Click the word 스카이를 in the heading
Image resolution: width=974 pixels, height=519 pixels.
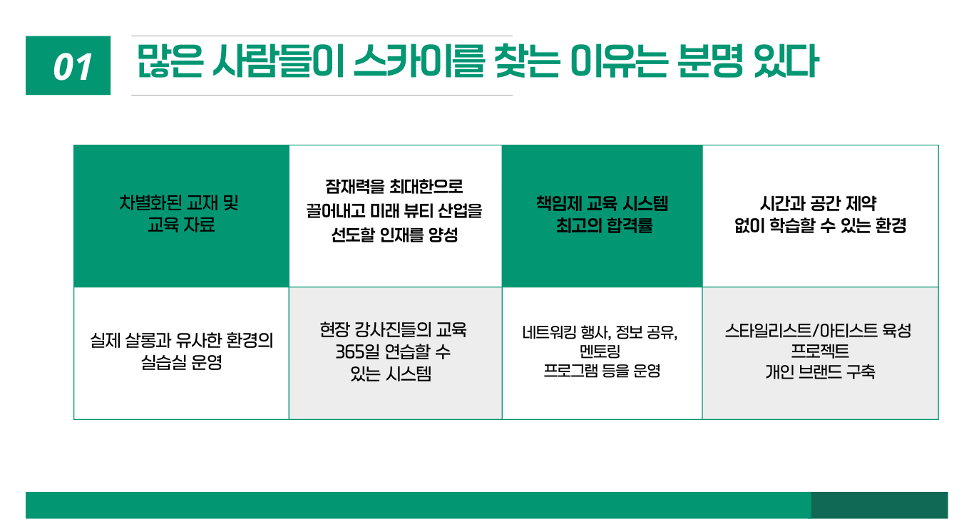pos(419,61)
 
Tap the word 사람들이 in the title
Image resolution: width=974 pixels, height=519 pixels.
pos(278,61)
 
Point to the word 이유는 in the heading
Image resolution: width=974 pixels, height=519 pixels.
pos(619,61)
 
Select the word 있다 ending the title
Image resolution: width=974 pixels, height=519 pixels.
pos(786,61)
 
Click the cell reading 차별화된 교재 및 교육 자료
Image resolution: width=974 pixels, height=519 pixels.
pos(181,216)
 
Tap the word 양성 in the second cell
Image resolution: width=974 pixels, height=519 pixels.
pos(443,235)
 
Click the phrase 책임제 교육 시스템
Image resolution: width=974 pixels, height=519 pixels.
pos(602,203)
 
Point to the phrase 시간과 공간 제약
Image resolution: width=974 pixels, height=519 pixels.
pos(818,203)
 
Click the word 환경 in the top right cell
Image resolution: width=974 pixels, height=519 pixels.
pos(891,225)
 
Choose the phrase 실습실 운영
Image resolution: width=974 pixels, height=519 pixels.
pos(181,362)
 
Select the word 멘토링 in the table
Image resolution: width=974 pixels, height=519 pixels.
pos(600,351)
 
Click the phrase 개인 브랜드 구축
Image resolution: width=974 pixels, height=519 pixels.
pos(820,371)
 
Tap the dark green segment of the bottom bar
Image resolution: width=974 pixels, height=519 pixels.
pos(879,505)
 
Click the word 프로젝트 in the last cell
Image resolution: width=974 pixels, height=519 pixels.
pos(820,351)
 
